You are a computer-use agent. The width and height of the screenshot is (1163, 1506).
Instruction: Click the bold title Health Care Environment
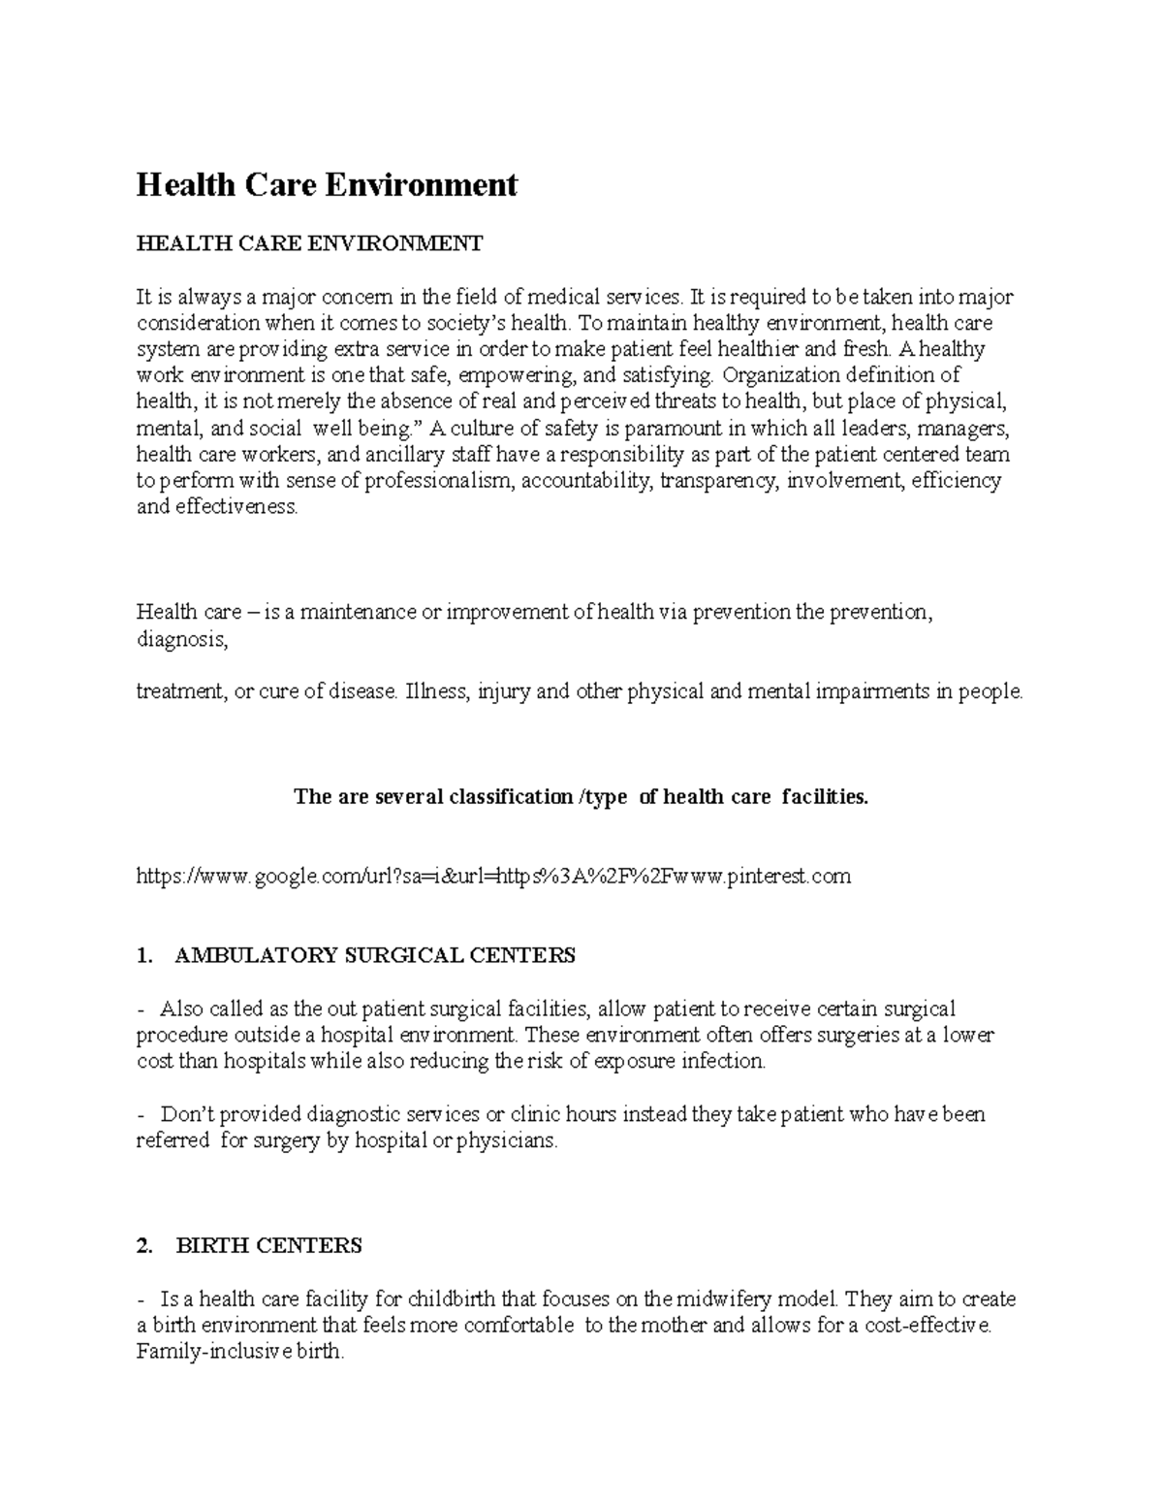pos(327,184)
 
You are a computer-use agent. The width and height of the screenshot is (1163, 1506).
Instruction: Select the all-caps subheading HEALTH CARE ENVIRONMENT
pos(308,243)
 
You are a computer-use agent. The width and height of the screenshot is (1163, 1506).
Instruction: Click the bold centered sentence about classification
pos(581,797)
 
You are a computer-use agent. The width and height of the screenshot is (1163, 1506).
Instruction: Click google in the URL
pos(287,877)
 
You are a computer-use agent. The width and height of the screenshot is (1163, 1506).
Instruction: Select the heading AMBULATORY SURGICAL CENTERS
pos(375,955)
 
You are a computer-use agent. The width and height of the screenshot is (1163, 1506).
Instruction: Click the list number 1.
pos(144,955)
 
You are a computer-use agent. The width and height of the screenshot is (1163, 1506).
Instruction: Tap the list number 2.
pos(144,1245)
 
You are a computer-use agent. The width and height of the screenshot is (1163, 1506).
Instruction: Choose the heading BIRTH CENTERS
pos(268,1245)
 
